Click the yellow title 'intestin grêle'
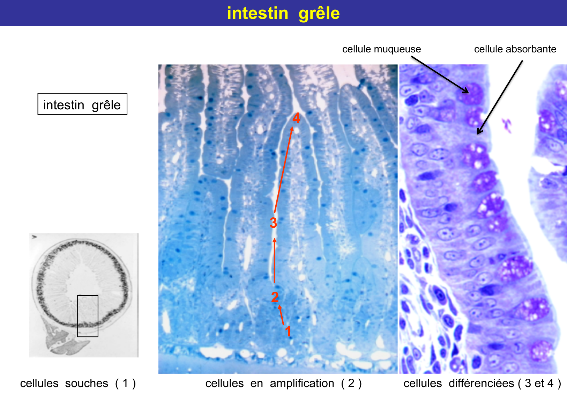[x=283, y=13]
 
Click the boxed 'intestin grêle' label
[x=82, y=104]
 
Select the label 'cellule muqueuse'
[x=381, y=49]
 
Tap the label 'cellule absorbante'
[x=515, y=49]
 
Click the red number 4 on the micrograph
[x=296, y=118]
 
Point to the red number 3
[x=273, y=223]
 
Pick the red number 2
[x=275, y=297]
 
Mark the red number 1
[x=288, y=331]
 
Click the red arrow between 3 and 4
[x=283, y=169]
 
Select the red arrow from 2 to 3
[x=275, y=260]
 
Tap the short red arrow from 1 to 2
[x=281, y=315]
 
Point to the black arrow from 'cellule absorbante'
[x=500, y=97]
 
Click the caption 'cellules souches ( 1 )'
[x=78, y=383]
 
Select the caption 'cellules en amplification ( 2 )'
[x=283, y=383]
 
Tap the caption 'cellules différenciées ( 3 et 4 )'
[x=482, y=383]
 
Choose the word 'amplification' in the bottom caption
[x=302, y=384]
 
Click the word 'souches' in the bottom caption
[x=87, y=383]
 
